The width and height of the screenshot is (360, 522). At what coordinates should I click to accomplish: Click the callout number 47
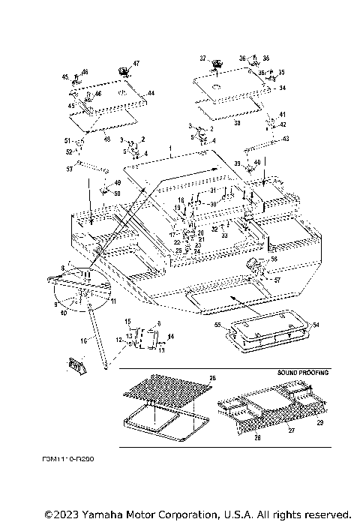tap(136, 63)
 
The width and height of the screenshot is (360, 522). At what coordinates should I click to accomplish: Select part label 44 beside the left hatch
tap(151, 93)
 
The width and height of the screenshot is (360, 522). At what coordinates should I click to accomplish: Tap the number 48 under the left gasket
tap(106, 139)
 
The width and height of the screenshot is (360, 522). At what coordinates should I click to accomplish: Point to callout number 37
tap(202, 58)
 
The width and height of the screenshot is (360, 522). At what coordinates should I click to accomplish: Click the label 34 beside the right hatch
tap(283, 88)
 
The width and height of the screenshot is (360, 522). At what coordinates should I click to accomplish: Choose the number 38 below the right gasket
tap(216, 121)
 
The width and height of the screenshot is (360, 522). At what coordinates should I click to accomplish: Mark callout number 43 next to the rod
tap(286, 139)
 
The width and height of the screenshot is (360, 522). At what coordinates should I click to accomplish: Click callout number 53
tap(70, 170)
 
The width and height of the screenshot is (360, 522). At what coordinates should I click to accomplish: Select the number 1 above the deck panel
tap(170, 150)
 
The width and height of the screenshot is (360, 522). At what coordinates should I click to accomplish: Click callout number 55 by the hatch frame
tap(218, 325)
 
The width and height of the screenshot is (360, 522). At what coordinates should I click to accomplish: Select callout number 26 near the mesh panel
tap(212, 377)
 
